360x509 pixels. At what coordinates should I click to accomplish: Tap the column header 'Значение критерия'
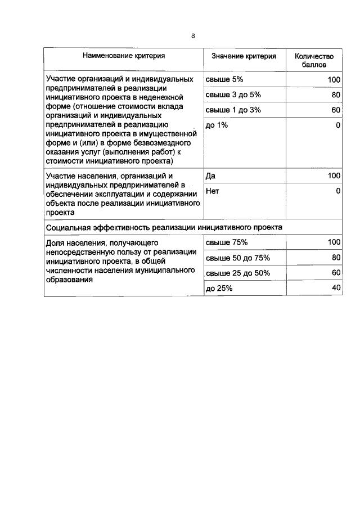pyautogui.click(x=244, y=56)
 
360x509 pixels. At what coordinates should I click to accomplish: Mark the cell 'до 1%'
pyautogui.click(x=217, y=125)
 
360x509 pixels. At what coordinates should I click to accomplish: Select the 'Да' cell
pyautogui.click(x=211, y=176)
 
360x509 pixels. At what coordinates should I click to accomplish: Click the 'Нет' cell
pyautogui.click(x=213, y=191)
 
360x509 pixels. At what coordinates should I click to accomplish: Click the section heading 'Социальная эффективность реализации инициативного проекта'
pyautogui.click(x=164, y=227)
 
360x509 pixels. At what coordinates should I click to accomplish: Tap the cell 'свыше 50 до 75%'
pyautogui.click(x=238, y=258)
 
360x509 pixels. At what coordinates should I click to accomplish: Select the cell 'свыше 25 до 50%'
pyautogui.click(x=238, y=273)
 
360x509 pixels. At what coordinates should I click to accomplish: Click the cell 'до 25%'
pyautogui.click(x=219, y=288)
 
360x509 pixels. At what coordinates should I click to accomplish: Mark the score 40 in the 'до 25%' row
pyautogui.click(x=336, y=288)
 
